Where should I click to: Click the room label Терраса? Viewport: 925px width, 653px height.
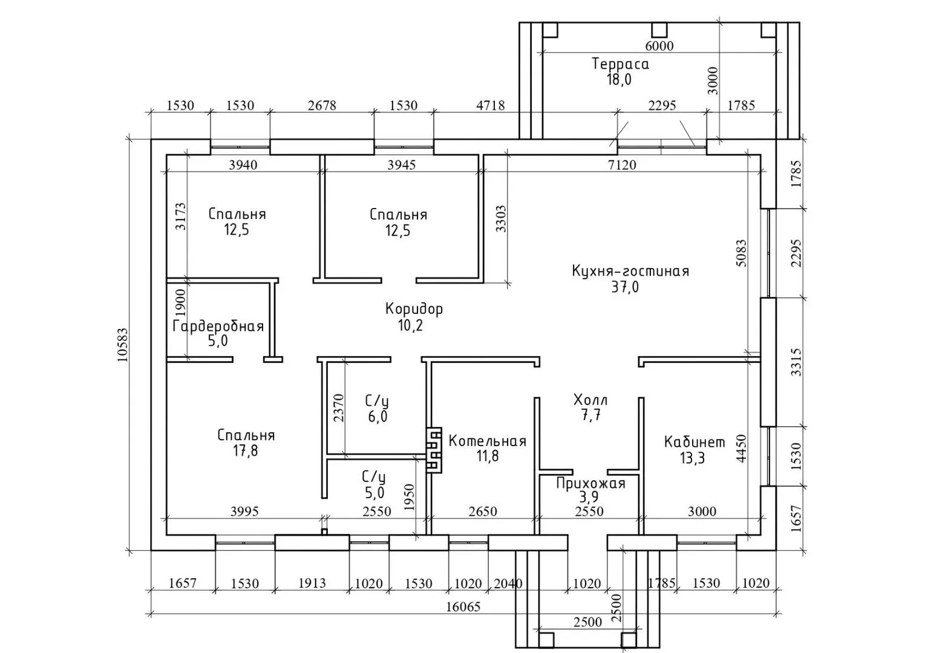[x=620, y=64]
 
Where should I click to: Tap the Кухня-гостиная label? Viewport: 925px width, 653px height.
[x=630, y=271]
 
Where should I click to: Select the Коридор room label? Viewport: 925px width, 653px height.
[x=414, y=309]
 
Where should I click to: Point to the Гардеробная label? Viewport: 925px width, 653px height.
[x=218, y=326]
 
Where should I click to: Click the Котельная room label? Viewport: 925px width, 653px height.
[x=487, y=441]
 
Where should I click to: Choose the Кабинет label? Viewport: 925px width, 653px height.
[x=694, y=442]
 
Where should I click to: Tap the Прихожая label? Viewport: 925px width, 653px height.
[x=590, y=484]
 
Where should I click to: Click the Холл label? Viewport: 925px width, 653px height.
[x=590, y=400]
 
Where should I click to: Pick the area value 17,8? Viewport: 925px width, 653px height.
[x=245, y=450]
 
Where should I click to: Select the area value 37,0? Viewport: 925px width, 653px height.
[x=624, y=287]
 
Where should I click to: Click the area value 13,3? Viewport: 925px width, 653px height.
[x=692, y=458]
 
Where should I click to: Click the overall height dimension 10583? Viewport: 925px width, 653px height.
[x=123, y=345]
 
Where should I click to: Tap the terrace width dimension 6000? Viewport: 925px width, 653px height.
[x=659, y=45]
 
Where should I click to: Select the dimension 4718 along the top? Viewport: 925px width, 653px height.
[x=490, y=105]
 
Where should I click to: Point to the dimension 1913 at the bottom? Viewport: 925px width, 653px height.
[x=312, y=583]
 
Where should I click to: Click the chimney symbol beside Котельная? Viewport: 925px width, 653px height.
[x=434, y=450]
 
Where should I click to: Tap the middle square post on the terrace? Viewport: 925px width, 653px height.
[x=659, y=30]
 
